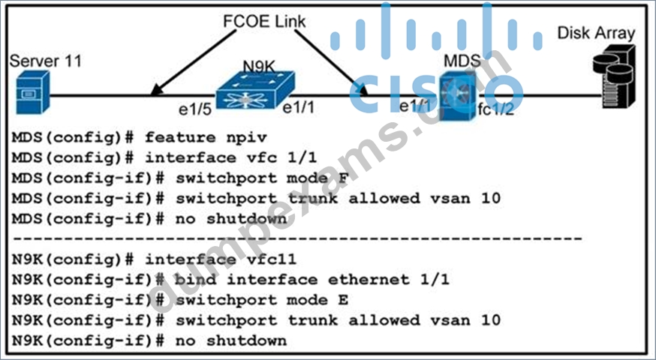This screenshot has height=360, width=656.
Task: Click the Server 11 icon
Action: click(33, 92)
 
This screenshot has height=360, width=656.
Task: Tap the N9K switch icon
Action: click(255, 90)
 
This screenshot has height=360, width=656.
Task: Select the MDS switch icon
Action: click(457, 96)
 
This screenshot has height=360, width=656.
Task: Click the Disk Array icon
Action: click(614, 76)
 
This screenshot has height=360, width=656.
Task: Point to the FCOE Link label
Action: click(264, 22)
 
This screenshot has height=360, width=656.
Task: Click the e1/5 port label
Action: click(194, 109)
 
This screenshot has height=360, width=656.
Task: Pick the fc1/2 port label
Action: click(496, 109)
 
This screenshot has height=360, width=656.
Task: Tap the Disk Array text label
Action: click(596, 33)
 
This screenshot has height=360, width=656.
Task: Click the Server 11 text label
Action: click(46, 61)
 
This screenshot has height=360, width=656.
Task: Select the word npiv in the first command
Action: click(246, 137)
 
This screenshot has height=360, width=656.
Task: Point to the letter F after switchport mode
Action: click(343, 178)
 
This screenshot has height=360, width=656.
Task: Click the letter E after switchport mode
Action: click(343, 300)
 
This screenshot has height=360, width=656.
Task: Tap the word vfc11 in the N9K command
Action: click(272, 259)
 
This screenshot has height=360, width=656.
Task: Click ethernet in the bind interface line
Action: click(369, 280)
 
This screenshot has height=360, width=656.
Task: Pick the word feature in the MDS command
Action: click(181, 137)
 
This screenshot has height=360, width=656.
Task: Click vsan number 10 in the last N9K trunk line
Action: click(490, 320)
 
